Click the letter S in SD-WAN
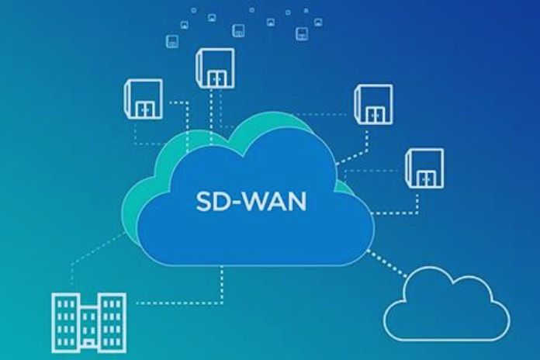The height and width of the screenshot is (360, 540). click(x=205, y=201)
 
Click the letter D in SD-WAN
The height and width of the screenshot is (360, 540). click(x=223, y=201)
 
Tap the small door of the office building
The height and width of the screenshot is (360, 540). click(x=89, y=343)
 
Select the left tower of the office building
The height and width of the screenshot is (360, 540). click(x=66, y=323)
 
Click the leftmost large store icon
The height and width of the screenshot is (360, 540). click(x=144, y=99)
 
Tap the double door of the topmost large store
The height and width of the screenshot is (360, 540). click(x=216, y=78)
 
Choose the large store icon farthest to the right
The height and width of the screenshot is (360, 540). click(x=424, y=168)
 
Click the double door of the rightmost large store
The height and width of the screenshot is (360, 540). click(x=426, y=178)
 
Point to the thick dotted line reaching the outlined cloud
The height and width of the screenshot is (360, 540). click(x=387, y=264)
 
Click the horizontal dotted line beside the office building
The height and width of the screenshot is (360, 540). click(x=179, y=303)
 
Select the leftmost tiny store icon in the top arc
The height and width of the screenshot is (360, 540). click(x=172, y=41)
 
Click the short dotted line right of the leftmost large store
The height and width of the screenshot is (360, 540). click(x=178, y=102)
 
